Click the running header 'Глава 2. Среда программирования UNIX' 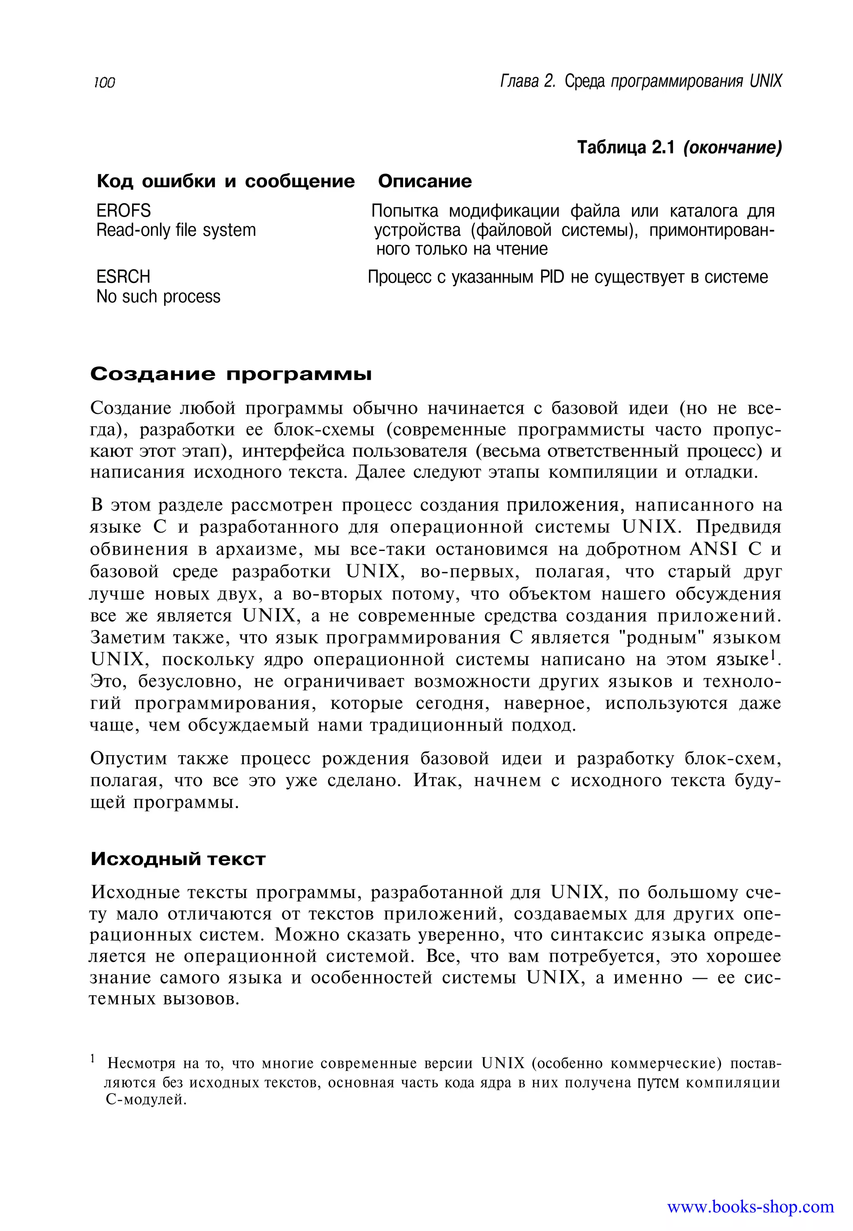(x=640, y=81)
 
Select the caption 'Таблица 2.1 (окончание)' (x=679, y=148)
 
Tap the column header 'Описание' (x=424, y=181)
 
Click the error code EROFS (x=123, y=211)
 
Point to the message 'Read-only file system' (x=176, y=230)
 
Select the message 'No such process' (x=158, y=296)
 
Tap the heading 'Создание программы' (x=230, y=374)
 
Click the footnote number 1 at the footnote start (x=92, y=1058)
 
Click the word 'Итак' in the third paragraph (x=435, y=780)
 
